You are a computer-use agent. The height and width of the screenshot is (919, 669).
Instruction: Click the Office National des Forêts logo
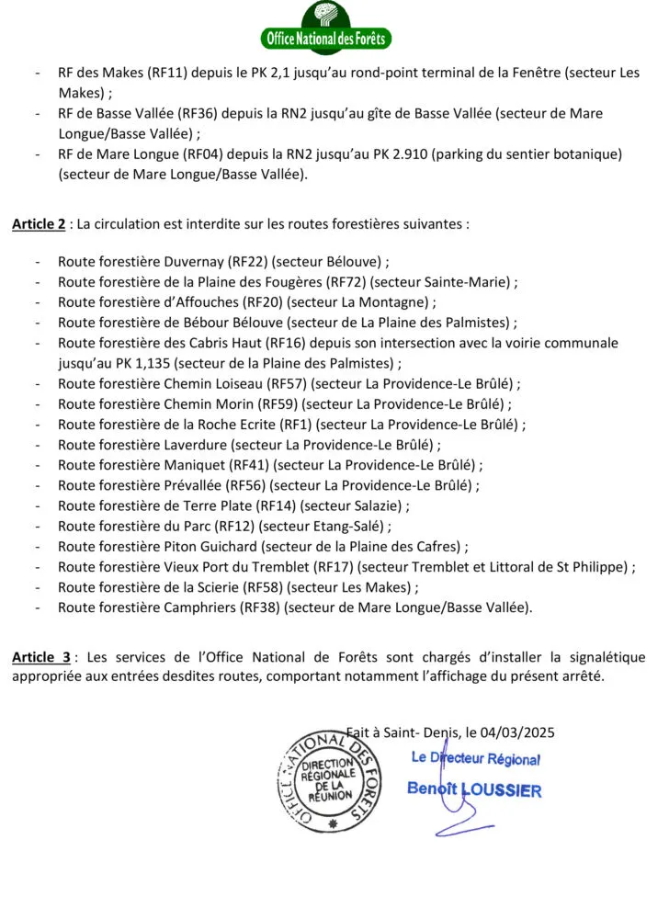coord(327,28)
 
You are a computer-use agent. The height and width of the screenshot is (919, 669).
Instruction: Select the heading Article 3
coord(41,657)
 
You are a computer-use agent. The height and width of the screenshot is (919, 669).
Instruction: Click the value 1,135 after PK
coord(134,363)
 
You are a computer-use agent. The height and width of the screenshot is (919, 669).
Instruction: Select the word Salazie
coord(376,505)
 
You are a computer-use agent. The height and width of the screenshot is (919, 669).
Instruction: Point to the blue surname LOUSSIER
coord(502,789)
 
